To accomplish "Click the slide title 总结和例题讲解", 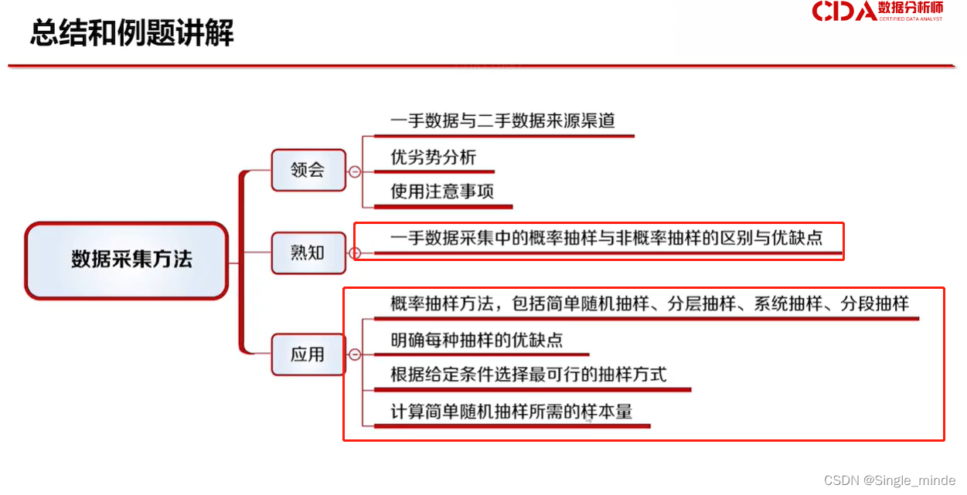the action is (131, 33).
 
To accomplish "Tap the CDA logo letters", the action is (843, 11).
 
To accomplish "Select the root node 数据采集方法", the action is (128, 259).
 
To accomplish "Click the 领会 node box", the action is (308, 170).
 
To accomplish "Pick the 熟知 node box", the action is (308, 252).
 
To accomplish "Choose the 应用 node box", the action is (308, 354).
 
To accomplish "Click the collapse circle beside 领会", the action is (355, 171).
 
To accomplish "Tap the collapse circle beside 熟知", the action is (355, 253).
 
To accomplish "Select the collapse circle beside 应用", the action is (355, 354).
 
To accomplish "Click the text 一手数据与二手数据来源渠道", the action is (502, 121).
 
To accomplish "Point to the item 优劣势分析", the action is (433, 158).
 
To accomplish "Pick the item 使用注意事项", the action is (442, 192).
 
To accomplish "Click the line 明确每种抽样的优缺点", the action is (476, 339).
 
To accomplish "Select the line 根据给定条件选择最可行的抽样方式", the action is (528, 375).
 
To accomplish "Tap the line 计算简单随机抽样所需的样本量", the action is (511, 412).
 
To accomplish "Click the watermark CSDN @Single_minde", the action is (890, 480).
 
